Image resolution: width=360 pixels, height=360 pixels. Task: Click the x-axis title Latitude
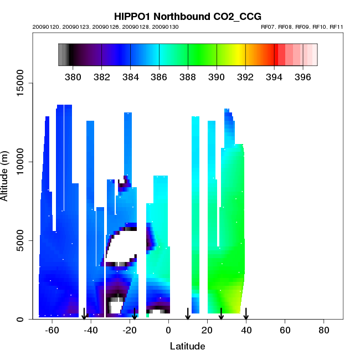[x=187, y=346]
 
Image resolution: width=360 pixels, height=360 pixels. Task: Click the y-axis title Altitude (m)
[x=6, y=174]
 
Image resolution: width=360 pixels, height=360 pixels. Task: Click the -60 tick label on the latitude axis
[x=52, y=330]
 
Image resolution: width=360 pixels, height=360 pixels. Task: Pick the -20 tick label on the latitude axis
[x=129, y=330]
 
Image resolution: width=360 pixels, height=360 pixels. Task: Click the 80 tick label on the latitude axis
[x=324, y=330]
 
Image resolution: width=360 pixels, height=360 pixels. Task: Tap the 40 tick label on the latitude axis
[x=246, y=330]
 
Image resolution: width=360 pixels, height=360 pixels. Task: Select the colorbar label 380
[x=73, y=76]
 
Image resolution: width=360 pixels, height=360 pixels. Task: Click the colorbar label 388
[x=188, y=76]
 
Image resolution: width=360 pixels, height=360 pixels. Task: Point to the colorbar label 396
[x=303, y=76]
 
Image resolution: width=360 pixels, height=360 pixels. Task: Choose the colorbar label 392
[x=245, y=76]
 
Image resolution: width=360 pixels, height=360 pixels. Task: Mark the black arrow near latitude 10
[x=188, y=314]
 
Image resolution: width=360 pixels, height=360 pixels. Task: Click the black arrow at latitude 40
[x=246, y=314]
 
